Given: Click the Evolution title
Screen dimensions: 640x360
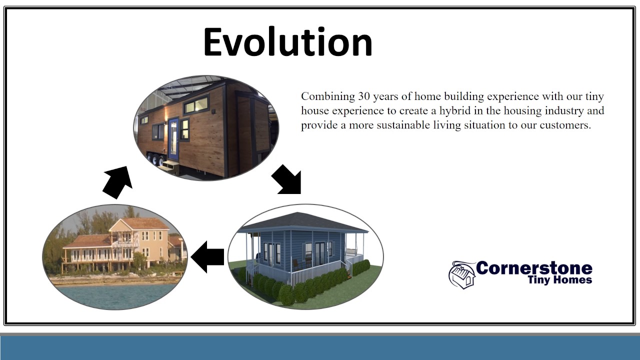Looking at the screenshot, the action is pos(287,41).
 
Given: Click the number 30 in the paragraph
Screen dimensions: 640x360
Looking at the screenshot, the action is pos(364,96).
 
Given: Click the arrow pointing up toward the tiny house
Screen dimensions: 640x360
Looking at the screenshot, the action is pos(117,182).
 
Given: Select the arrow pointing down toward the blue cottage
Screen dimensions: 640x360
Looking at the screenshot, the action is pos(286,179).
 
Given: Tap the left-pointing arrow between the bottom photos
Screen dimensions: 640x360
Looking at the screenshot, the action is pos(207,257).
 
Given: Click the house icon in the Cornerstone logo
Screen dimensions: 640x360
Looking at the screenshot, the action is pos(462,275).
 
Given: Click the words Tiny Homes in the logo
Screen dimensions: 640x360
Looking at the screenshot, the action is pos(560,279).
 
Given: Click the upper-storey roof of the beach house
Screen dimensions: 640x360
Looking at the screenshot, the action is pos(140,223).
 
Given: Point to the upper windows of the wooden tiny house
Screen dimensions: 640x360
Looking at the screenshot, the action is pos(196,105).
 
